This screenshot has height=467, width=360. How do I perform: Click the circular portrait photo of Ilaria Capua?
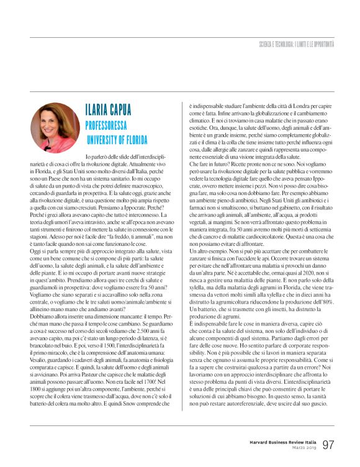click(55, 128)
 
